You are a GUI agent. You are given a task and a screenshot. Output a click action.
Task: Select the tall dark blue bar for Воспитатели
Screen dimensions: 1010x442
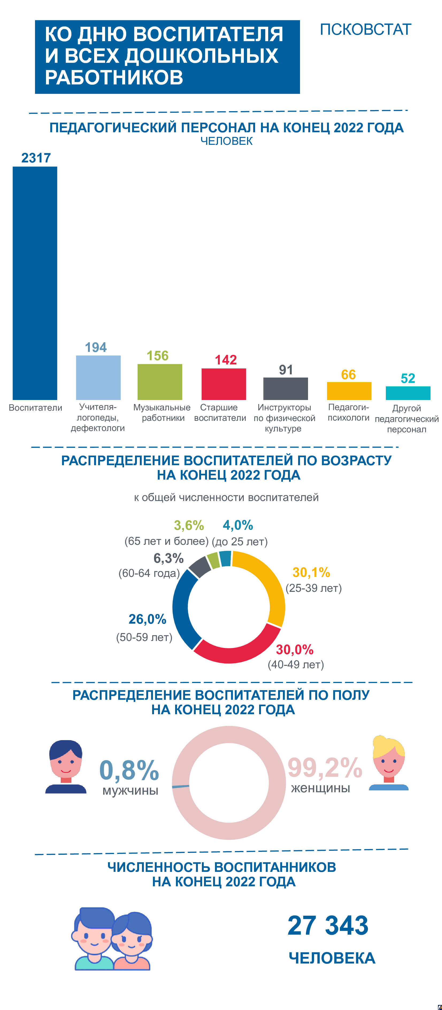click(35, 282)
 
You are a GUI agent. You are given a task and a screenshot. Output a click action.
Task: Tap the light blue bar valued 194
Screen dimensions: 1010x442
click(98, 377)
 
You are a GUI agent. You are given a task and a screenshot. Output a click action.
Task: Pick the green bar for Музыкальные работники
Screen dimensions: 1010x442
click(160, 382)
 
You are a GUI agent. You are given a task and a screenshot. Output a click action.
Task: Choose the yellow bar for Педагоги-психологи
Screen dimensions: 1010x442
click(349, 391)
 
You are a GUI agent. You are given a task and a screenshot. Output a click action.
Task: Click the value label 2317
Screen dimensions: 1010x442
click(36, 158)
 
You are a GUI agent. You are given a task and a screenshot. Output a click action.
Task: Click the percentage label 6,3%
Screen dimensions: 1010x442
click(168, 558)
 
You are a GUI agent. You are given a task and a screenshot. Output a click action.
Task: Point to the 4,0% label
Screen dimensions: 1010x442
click(238, 525)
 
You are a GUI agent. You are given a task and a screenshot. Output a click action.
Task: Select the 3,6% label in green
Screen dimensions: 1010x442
click(189, 525)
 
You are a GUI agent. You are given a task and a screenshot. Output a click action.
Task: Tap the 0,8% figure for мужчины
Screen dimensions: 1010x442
click(129, 770)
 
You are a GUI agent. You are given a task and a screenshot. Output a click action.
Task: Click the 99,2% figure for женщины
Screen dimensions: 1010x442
click(325, 767)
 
